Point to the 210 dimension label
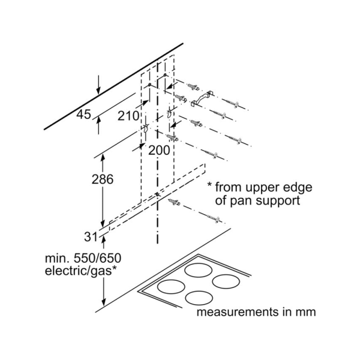tap(128, 115)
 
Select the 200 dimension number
tap(159, 151)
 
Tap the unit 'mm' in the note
tap(304, 313)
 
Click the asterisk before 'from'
tap(210, 185)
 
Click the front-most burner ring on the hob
tap(199, 298)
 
